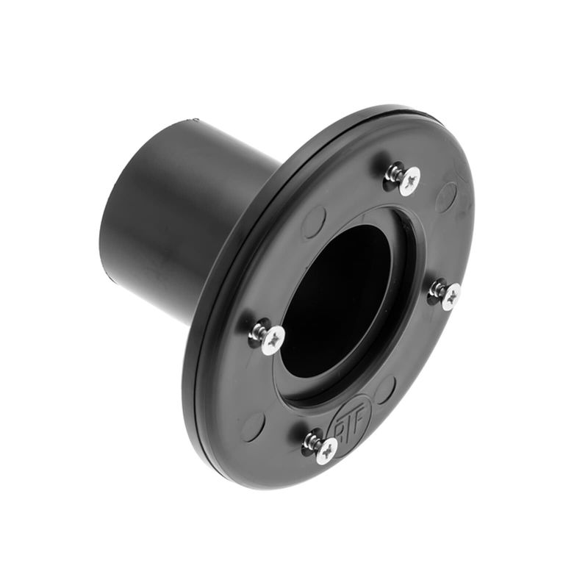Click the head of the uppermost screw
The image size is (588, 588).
pos(409,178)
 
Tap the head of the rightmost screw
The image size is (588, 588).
pos(451,296)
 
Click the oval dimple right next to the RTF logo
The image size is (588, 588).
pos(384,390)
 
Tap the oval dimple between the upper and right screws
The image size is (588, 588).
pos(445,197)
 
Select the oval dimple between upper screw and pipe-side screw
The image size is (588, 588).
pos(314,221)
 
